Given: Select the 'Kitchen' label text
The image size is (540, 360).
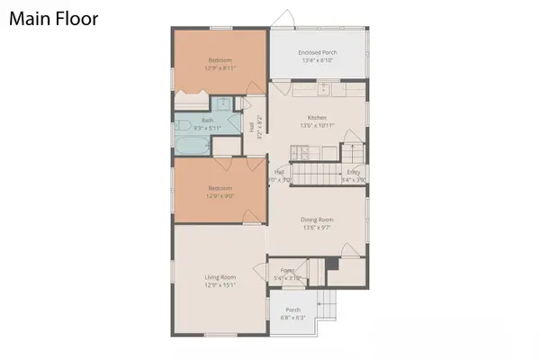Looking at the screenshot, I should coord(317,118).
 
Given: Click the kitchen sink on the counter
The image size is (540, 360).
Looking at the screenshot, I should coord(321,90).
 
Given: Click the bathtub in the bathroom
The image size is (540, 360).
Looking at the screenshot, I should coord(193,145).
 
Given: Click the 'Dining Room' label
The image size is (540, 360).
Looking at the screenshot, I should coord(317,220).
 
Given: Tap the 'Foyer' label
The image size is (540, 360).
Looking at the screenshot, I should coord(288,270).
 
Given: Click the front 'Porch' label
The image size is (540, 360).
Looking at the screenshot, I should coord(292,310).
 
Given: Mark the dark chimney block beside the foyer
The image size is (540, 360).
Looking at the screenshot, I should coord(332,264).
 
